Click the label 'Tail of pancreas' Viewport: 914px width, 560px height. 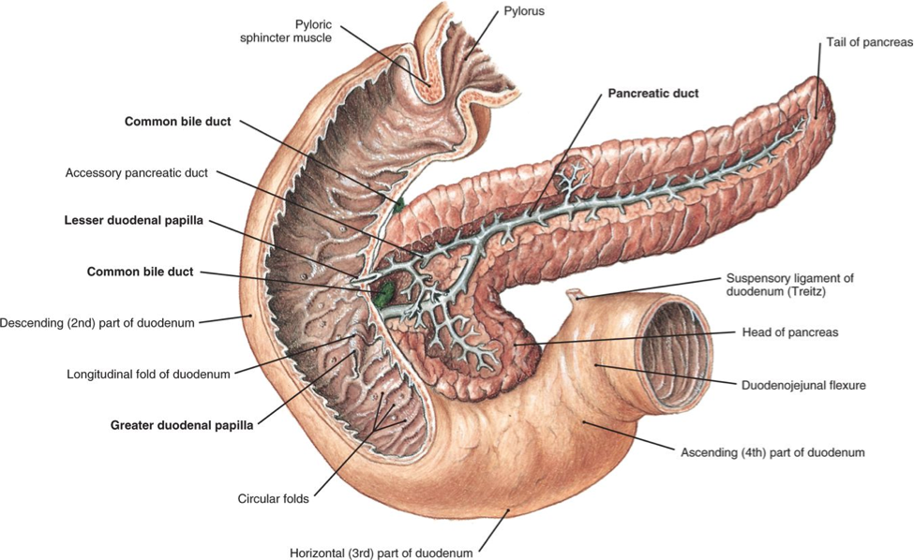[868, 42]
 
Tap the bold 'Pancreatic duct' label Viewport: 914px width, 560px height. [653, 94]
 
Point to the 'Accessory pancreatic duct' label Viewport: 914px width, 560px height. [137, 173]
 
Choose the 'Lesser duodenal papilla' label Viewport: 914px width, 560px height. [133, 221]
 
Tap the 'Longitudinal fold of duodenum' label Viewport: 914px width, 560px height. [148, 375]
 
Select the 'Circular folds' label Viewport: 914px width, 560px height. [273, 499]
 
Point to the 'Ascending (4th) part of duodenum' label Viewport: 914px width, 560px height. [772, 452]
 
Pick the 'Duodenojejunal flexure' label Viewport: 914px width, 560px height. [803, 385]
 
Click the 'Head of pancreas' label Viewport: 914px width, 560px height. [789, 332]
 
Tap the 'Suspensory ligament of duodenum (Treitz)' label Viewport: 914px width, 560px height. [789, 285]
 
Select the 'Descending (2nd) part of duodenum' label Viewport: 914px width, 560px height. [97, 323]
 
